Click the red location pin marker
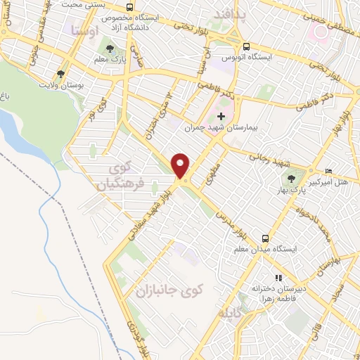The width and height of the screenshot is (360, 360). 181,166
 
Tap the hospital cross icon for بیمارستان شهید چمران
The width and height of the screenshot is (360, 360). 222,116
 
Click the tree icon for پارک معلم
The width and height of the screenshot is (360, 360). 109,49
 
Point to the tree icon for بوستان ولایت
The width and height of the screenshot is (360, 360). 60,72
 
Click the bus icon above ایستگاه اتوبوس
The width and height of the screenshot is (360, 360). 245,48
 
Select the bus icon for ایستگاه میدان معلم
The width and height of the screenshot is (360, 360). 265,238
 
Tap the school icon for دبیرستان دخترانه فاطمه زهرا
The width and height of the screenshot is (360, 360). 279,277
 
